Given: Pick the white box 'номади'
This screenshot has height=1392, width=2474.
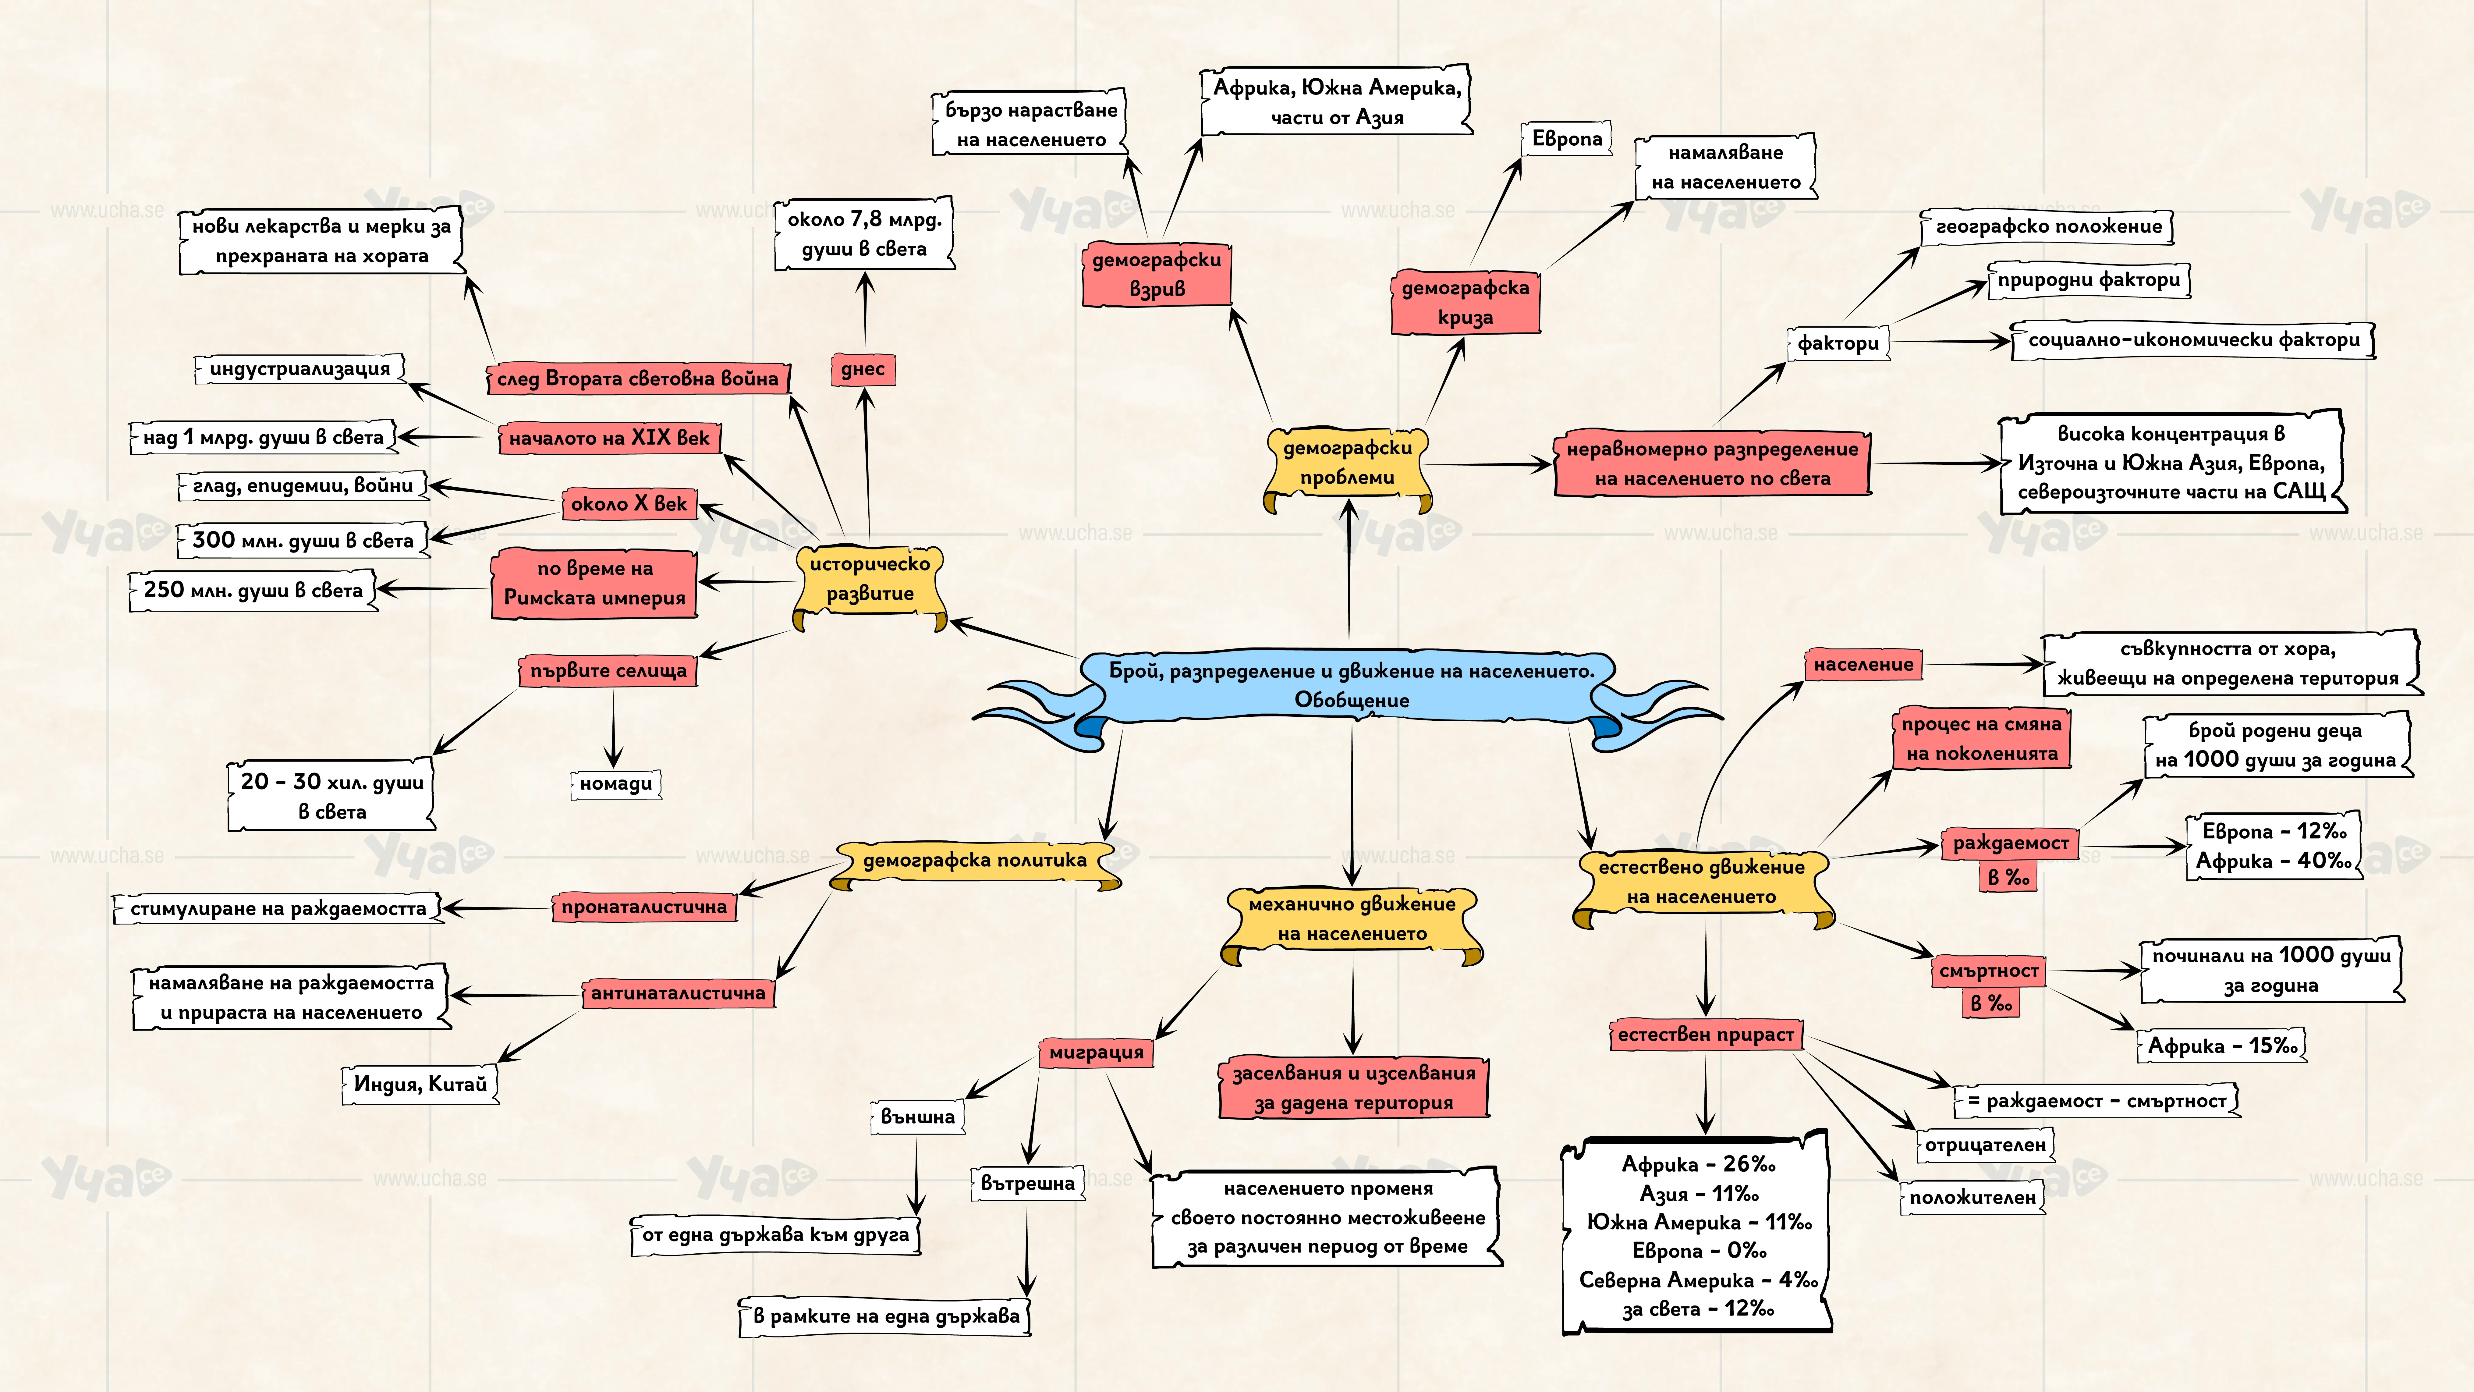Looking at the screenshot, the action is pos(616,784).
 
